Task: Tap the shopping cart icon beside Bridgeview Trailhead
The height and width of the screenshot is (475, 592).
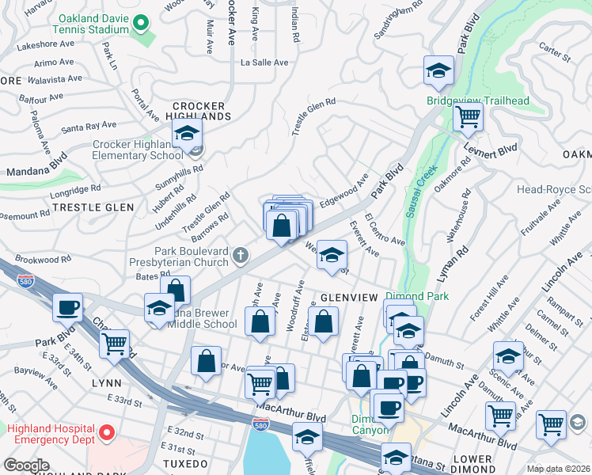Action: coord(468,117)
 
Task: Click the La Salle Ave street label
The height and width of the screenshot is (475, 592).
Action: coord(264,62)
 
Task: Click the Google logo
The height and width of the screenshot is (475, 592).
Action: coord(26,465)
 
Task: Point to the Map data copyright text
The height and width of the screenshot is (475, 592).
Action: coord(558,469)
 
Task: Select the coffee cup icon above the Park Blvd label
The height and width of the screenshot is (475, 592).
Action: coord(67,307)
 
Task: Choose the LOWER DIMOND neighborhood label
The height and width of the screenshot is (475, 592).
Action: coord(484,458)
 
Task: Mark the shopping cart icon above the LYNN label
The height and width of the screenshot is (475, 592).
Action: coord(115,343)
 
